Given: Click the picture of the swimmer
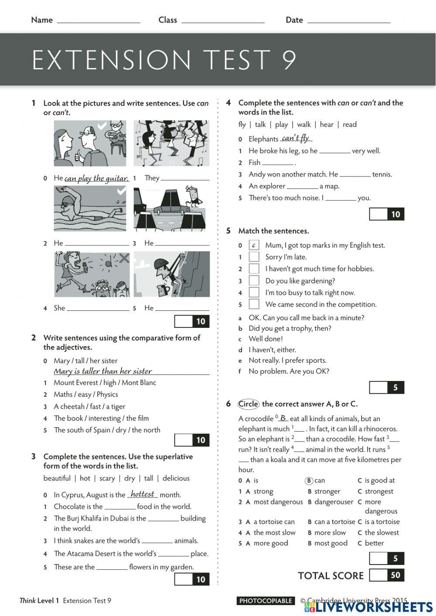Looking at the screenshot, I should (x=90, y=208).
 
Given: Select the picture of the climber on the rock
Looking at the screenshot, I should (x=171, y=274).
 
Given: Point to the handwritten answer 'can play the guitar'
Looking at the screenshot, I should (x=96, y=178).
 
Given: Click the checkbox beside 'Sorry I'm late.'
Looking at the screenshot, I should (x=254, y=257).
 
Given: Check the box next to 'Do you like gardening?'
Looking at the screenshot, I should (x=254, y=281).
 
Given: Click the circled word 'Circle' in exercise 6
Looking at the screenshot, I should (x=249, y=404).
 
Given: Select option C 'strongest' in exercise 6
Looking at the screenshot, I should (x=378, y=491).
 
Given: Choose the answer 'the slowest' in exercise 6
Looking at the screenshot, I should (x=381, y=532).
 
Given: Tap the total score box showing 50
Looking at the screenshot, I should (x=387, y=575).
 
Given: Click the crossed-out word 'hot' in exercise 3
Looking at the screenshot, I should (x=85, y=478).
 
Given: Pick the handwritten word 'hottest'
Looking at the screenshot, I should (x=143, y=494).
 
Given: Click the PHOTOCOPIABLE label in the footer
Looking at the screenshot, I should (x=266, y=601).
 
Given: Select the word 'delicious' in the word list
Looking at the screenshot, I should (x=176, y=478).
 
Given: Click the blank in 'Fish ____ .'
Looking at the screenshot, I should (x=278, y=163).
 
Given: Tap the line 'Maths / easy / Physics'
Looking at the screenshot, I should (x=86, y=395).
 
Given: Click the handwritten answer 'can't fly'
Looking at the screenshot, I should (x=295, y=138).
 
